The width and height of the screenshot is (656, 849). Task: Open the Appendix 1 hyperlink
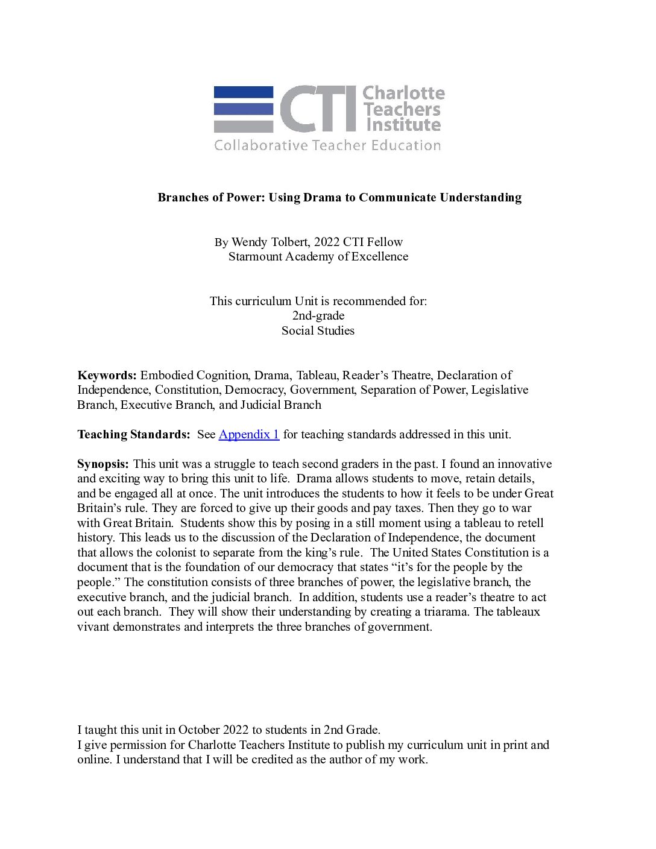[248, 434]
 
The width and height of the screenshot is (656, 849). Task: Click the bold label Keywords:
[107, 375]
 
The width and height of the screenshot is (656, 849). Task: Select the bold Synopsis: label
[102, 464]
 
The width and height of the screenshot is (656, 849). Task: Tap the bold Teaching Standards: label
[133, 434]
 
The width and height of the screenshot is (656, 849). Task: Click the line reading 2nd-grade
[318, 315]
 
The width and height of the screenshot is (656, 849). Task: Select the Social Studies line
[318, 330]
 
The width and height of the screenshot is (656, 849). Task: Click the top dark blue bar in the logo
[244, 92]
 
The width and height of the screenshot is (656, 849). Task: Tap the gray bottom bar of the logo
[244, 127]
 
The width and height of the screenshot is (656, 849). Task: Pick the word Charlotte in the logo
[403, 93]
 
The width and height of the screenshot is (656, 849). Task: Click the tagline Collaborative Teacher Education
[327, 145]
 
